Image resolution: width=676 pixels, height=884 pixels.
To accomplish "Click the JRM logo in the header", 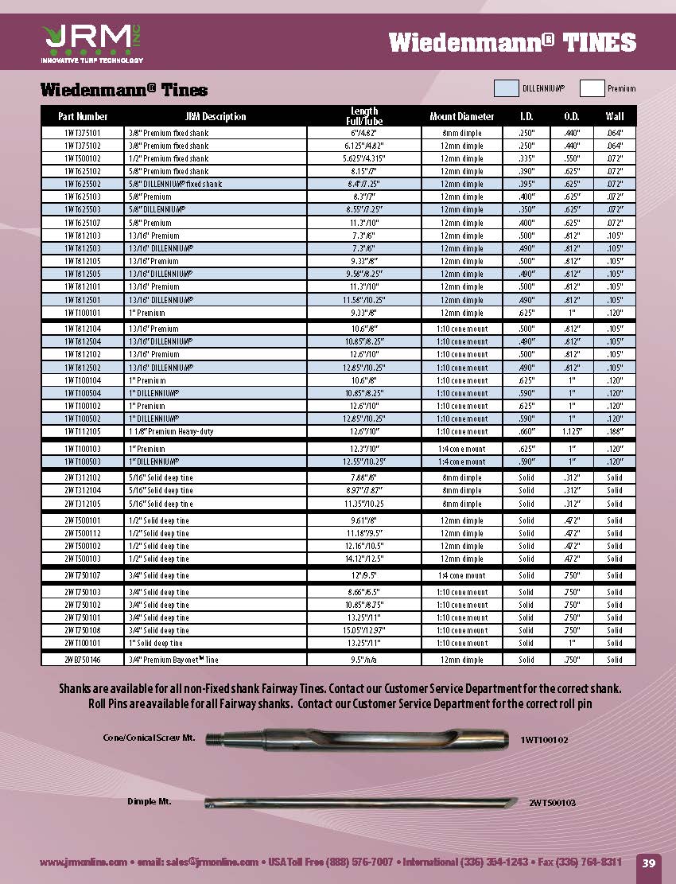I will point(87,40).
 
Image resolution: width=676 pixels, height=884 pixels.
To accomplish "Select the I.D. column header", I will point(526,116).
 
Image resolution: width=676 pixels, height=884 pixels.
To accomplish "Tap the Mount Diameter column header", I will point(462,116).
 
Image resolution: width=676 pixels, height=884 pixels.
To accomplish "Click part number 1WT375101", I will point(84,133).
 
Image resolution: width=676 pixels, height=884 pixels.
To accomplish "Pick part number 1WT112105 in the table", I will point(84,431).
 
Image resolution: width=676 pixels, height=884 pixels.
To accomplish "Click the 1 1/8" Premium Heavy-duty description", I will point(171,431).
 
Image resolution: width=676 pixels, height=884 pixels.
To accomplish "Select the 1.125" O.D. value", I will point(571,431).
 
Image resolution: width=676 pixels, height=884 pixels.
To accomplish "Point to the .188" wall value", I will point(615,431).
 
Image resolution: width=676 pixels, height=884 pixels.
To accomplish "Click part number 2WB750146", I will point(84,660).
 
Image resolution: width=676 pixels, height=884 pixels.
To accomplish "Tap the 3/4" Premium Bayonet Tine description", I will point(173,660).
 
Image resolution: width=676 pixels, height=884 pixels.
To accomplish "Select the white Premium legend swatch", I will point(592,88).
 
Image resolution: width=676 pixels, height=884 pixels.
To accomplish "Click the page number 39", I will point(648,863).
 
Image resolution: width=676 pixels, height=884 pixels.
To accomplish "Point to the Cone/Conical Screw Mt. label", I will point(149,738).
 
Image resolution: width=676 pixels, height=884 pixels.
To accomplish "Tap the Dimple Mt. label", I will point(150,801).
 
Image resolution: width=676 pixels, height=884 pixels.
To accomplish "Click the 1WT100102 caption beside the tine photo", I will point(544,739).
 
